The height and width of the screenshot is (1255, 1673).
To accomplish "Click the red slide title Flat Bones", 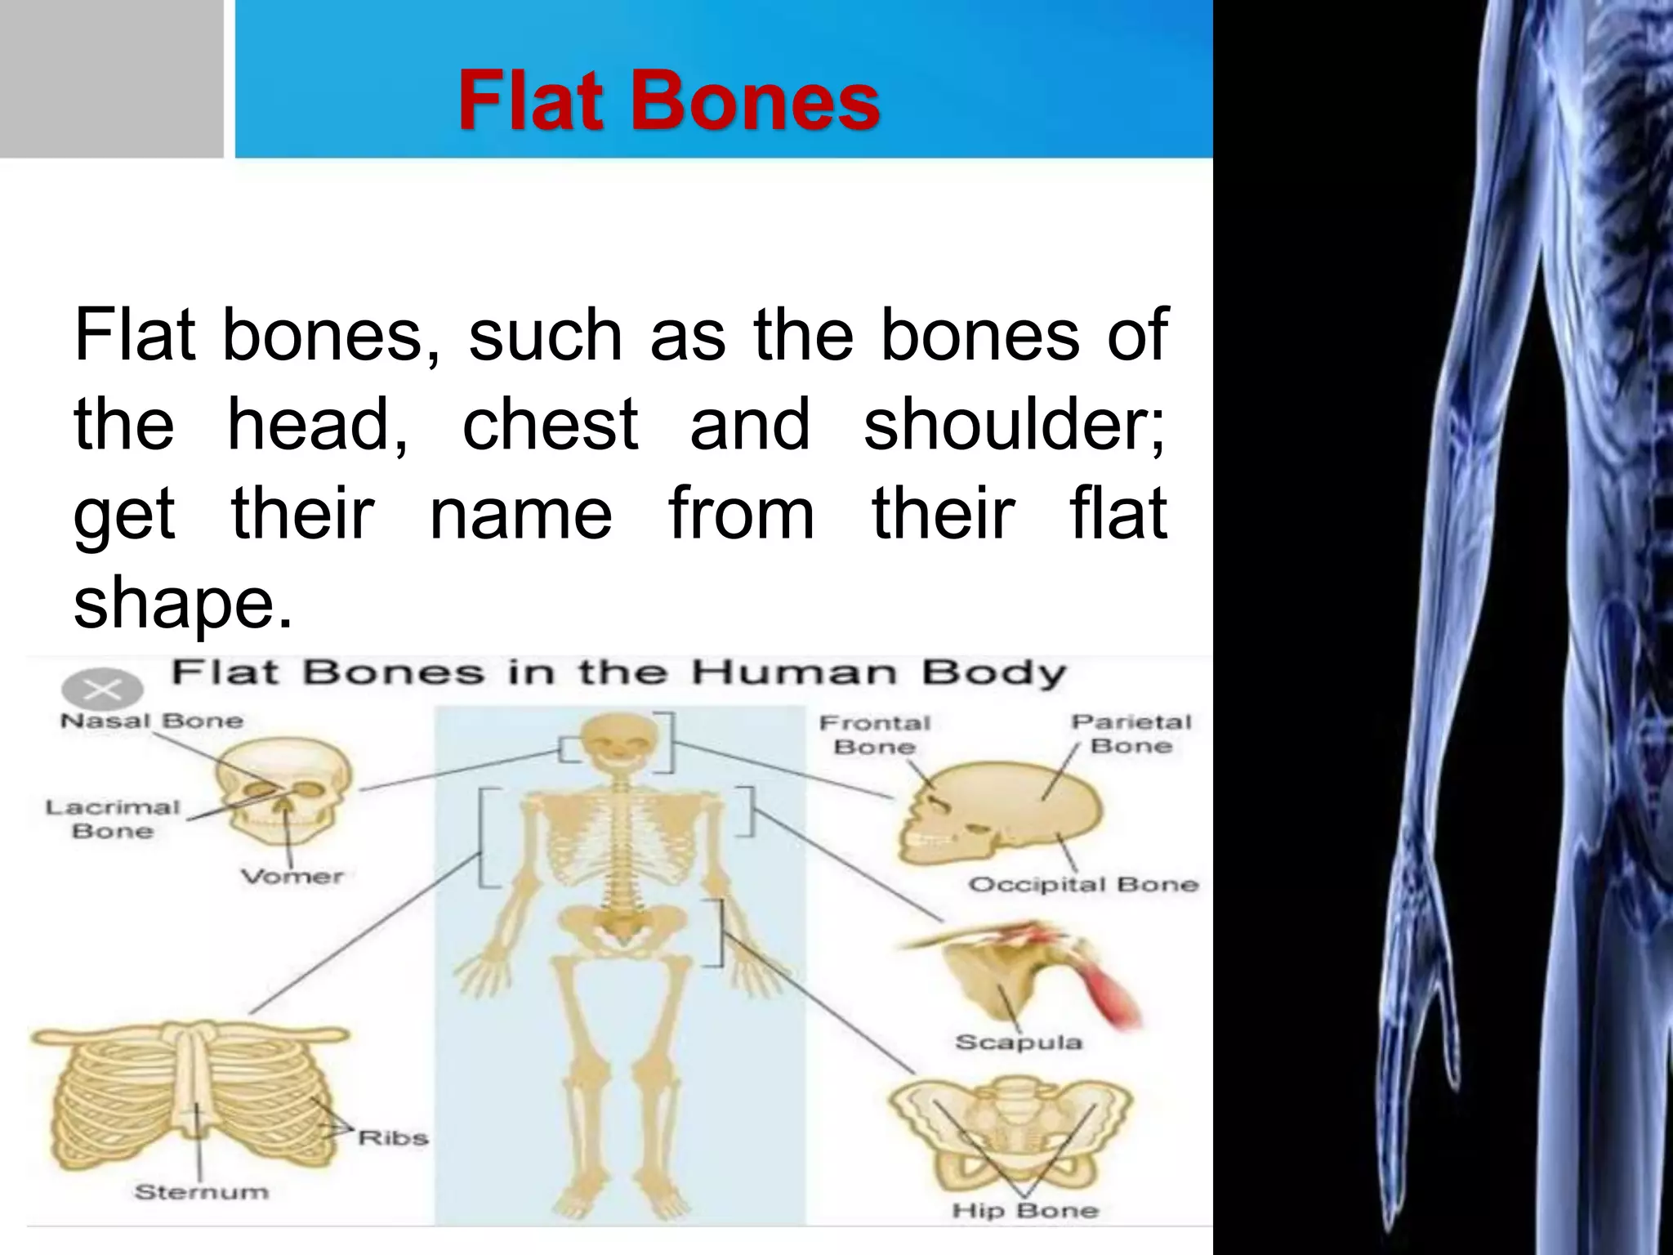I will pos(668,101).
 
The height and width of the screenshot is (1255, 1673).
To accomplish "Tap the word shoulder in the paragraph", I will pos(1015,425).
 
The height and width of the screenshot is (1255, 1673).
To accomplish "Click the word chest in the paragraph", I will pos(550,425).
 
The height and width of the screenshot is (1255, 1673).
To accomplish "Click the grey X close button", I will pos(102,690).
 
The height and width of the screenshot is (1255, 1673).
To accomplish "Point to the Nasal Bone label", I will pos(152,721).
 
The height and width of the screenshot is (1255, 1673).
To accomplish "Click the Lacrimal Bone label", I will pos(113,819).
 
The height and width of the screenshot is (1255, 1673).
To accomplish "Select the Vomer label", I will pos(292,877).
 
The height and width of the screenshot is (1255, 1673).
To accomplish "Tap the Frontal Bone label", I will pos(874,735).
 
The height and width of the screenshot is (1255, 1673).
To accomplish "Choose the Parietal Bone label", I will pos(1131,734).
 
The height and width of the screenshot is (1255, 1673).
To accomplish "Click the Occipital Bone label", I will pos(1083,885).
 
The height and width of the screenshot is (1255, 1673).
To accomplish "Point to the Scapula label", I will pos(1018,1042).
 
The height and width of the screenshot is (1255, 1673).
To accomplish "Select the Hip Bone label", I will pos(1024,1210).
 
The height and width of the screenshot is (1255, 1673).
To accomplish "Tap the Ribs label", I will pos(393,1138).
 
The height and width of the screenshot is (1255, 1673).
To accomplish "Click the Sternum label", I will pos(201,1192).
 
